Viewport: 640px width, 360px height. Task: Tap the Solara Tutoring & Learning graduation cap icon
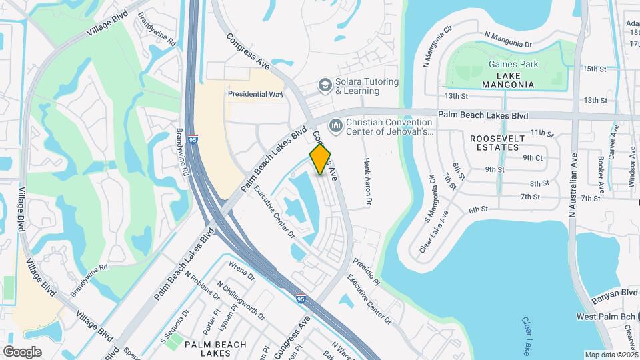[x=324, y=85]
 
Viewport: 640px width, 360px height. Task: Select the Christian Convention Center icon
[x=335, y=125]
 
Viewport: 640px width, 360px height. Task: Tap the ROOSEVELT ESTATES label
[x=497, y=143]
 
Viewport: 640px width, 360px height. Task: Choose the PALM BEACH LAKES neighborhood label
[x=215, y=349]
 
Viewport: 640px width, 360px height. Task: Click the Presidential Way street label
[x=255, y=95]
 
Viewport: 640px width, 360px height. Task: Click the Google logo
[x=22, y=351]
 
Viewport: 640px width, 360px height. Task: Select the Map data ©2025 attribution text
[x=611, y=355]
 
